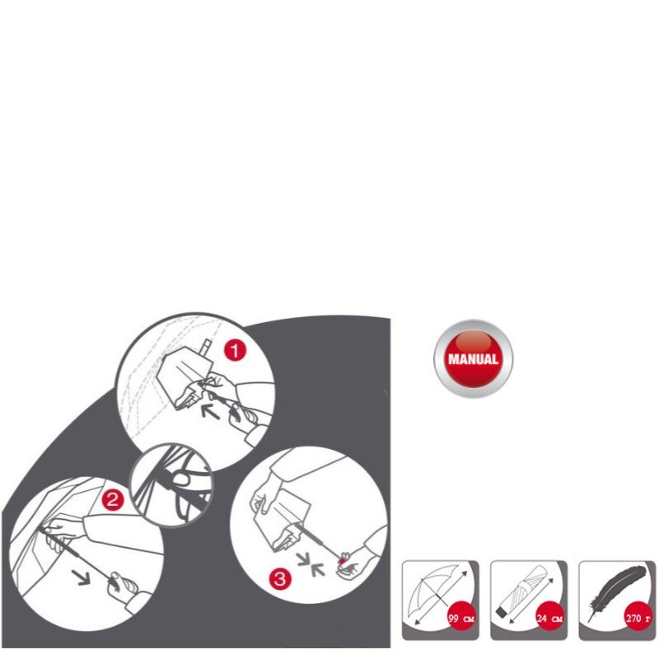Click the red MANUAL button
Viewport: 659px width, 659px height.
coord(473,358)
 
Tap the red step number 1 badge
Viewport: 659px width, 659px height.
coord(235,350)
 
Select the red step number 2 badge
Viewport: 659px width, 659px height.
coord(112,500)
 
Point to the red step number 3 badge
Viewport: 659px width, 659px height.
coord(280,579)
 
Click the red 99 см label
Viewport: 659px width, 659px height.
coord(461,619)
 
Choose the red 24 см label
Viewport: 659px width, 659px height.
coord(549,619)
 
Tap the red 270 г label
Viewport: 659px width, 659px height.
coord(638,619)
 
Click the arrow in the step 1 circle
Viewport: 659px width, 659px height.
coord(210,411)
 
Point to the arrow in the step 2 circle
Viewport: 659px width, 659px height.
coord(81,577)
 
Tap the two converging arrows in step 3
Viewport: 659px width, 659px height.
coord(311,564)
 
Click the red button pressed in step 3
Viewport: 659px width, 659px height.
coord(343,561)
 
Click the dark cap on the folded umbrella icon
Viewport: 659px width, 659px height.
coord(502,612)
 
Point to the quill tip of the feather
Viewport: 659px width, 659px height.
coord(589,621)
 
